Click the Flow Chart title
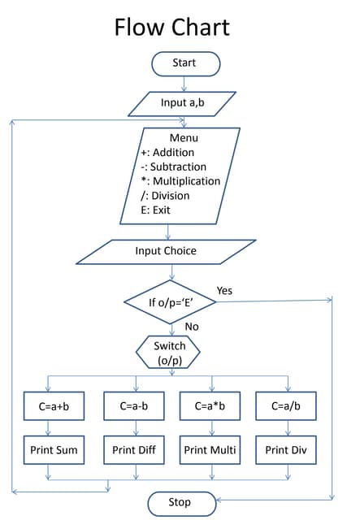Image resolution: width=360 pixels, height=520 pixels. coord(171,27)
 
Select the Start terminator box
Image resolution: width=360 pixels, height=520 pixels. coord(184,63)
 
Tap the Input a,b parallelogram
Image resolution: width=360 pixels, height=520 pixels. coord(183,104)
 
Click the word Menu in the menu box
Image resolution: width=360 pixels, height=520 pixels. coord(184,137)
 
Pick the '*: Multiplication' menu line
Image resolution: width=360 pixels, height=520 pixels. coord(180,181)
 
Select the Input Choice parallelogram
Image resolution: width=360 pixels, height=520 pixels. coord(166,251)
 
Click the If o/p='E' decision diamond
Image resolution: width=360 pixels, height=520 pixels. coord(171,302)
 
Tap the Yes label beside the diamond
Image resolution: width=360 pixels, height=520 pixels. coord(225,290)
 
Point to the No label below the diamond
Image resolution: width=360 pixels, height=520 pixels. coord(192,327)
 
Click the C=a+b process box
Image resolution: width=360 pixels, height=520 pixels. coord(54,405)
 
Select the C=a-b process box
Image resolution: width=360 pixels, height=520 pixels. coord(133,405)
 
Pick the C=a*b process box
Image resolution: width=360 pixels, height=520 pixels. coord(211,405)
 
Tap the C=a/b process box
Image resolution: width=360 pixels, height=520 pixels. coord(286,405)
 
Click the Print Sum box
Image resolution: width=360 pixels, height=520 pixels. coord(54,449)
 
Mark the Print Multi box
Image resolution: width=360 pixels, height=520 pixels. coord(211,449)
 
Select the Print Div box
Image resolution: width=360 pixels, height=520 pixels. coord(286,449)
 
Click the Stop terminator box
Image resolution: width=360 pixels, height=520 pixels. coord(180,502)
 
